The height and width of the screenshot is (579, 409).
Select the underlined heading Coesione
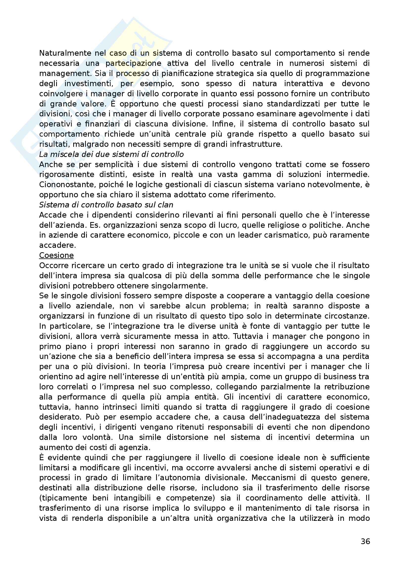click(x=56, y=255)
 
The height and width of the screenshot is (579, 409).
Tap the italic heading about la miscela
click(x=111, y=154)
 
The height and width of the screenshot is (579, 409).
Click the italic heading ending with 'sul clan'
click(x=106, y=205)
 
